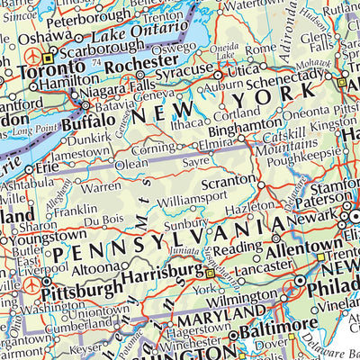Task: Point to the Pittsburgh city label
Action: [x=82, y=289]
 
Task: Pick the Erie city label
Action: [x=45, y=166]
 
